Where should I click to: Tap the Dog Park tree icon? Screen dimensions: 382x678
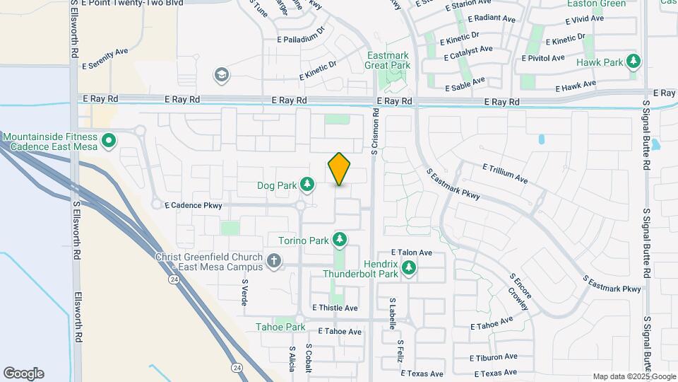point(307,185)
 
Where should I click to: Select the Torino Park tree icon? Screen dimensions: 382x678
point(340,240)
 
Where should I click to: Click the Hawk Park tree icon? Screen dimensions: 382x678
point(634,62)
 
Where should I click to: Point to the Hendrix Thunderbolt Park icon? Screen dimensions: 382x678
point(409,268)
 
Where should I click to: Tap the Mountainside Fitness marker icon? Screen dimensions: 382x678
point(108,142)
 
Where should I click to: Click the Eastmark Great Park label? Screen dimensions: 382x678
point(388,60)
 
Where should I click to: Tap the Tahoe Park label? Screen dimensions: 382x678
point(280,327)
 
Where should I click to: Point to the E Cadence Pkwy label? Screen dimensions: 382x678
point(194,206)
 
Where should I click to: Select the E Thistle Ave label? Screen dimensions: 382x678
point(335,308)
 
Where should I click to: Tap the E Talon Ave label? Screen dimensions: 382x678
point(412,252)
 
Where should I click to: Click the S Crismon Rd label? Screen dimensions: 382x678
point(375,131)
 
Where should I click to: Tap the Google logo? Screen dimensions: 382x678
point(23,374)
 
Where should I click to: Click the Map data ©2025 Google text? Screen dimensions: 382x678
point(634,376)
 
